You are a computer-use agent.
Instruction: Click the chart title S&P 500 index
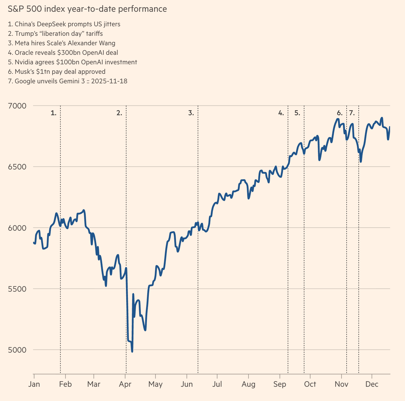(87, 9)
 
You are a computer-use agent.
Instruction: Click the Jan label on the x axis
(34, 384)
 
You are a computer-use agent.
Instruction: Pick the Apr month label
(125, 384)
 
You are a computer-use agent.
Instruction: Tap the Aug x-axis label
(248, 384)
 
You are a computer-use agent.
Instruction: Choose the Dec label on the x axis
(372, 384)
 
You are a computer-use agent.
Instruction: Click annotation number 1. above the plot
(54, 113)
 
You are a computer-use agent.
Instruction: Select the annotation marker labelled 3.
(191, 113)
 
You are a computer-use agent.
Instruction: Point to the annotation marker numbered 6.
(340, 113)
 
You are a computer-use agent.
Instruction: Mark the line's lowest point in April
(132, 351)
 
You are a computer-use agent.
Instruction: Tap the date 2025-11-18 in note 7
(109, 81)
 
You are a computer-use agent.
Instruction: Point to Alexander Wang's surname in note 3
(107, 43)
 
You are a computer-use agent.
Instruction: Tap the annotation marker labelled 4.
(281, 113)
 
